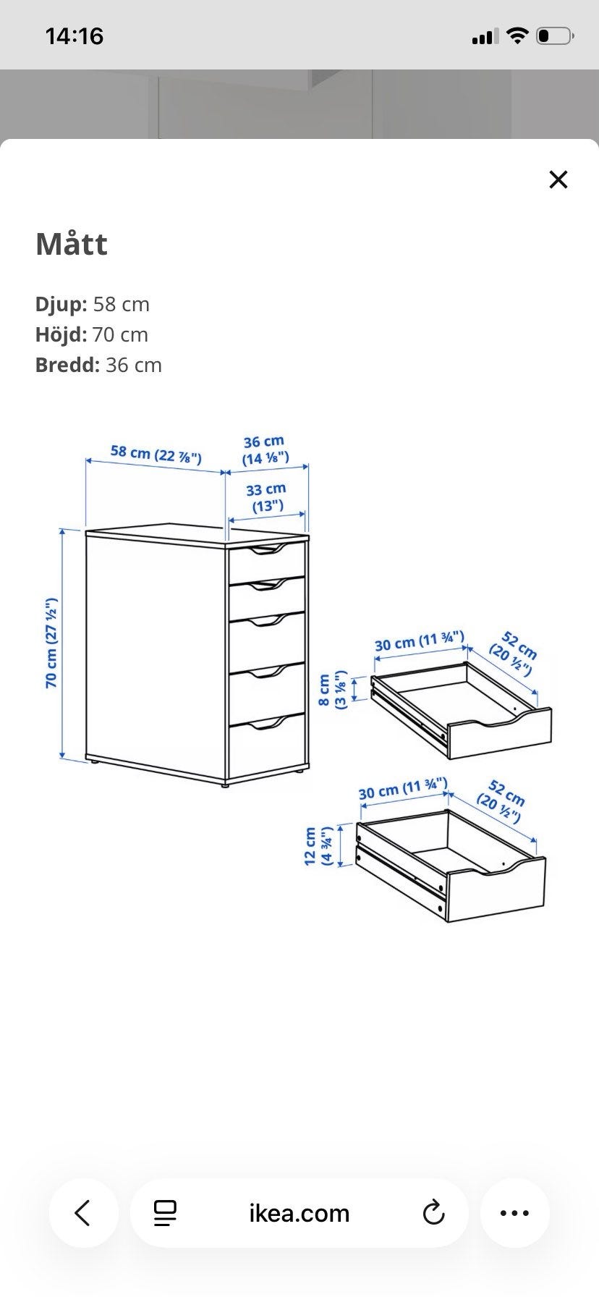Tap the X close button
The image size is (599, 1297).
pyautogui.click(x=558, y=179)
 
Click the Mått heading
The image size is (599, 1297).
pyautogui.click(x=72, y=244)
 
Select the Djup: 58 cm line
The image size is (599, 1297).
pyautogui.click(x=93, y=304)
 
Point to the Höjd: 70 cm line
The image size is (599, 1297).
pyautogui.click(x=92, y=334)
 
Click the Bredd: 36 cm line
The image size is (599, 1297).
pyautogui.click(x=98, y=365)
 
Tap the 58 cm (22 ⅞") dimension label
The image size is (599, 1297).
pyautogui.click(x=156, y=454)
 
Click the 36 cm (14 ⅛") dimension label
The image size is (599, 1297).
pyautogui.click(x=265, y=449)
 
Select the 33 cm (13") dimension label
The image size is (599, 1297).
pyautogui.click(x=267, y=497)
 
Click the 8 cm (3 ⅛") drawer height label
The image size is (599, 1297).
pyautogui.click(x=333, y=690)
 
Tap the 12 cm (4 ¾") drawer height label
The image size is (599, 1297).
pyautogui.click(x=318, y=846)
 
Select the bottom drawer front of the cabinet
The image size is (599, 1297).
pyautogui.click(x=266, y=745)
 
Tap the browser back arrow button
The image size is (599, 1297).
pyautogui.click(x=83, y=1212)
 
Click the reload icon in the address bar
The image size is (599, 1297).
pyautogui.click(x=433, y=1212)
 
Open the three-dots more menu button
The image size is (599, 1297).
pyautogui.click(x=514, y=1212)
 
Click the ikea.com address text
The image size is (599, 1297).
pyautogui.click(x=299, y=1212)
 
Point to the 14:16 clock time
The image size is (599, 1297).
pyautogui.click(x=75, y=35)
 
